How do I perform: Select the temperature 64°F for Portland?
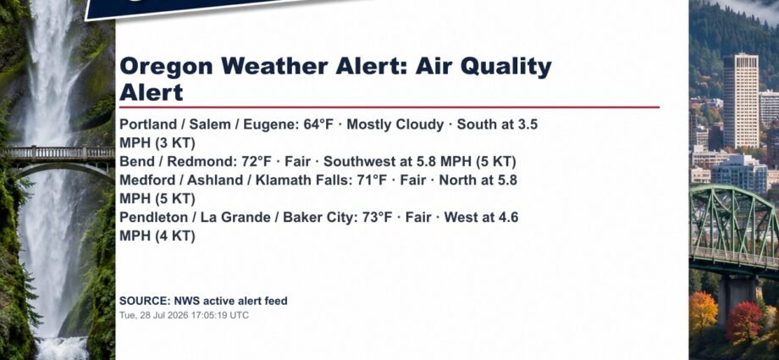pos(318,125)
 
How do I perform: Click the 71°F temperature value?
pos(372,180)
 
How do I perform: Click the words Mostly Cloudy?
pos(395,125)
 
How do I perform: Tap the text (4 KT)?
pos(175,236)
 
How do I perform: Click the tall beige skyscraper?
pos(740,101)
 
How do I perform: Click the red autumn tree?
pos(743,322)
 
